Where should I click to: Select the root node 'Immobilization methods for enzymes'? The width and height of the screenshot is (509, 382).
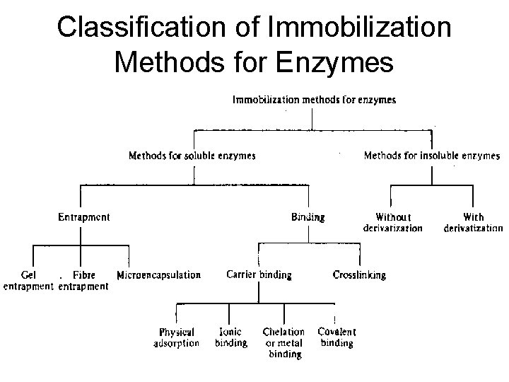[314, 100]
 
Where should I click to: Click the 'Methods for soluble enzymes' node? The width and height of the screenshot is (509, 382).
[192, 156]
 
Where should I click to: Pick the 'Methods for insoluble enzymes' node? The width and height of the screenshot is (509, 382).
[431, 156]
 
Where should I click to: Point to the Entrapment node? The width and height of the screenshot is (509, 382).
[83, 217]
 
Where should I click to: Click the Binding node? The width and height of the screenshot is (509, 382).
[308, 217]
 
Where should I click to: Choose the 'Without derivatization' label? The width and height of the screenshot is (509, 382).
[392, 223]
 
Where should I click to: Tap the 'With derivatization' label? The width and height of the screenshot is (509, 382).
[473, 223]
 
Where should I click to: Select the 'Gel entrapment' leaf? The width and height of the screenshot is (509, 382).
[28, 280]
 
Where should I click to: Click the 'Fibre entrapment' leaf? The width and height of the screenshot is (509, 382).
[83, 280]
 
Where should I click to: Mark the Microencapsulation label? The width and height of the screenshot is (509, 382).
[158, 275]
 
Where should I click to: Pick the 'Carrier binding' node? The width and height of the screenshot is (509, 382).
[259, 275]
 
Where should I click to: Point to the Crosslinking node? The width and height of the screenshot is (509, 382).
[359, 275]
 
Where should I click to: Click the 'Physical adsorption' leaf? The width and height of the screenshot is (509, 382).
[176, 337]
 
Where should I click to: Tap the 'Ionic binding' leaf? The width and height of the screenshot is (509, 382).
[230, 337]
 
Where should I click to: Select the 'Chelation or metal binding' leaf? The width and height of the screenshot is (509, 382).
[283, 342]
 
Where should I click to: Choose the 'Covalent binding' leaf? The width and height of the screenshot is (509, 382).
[337, 337]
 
